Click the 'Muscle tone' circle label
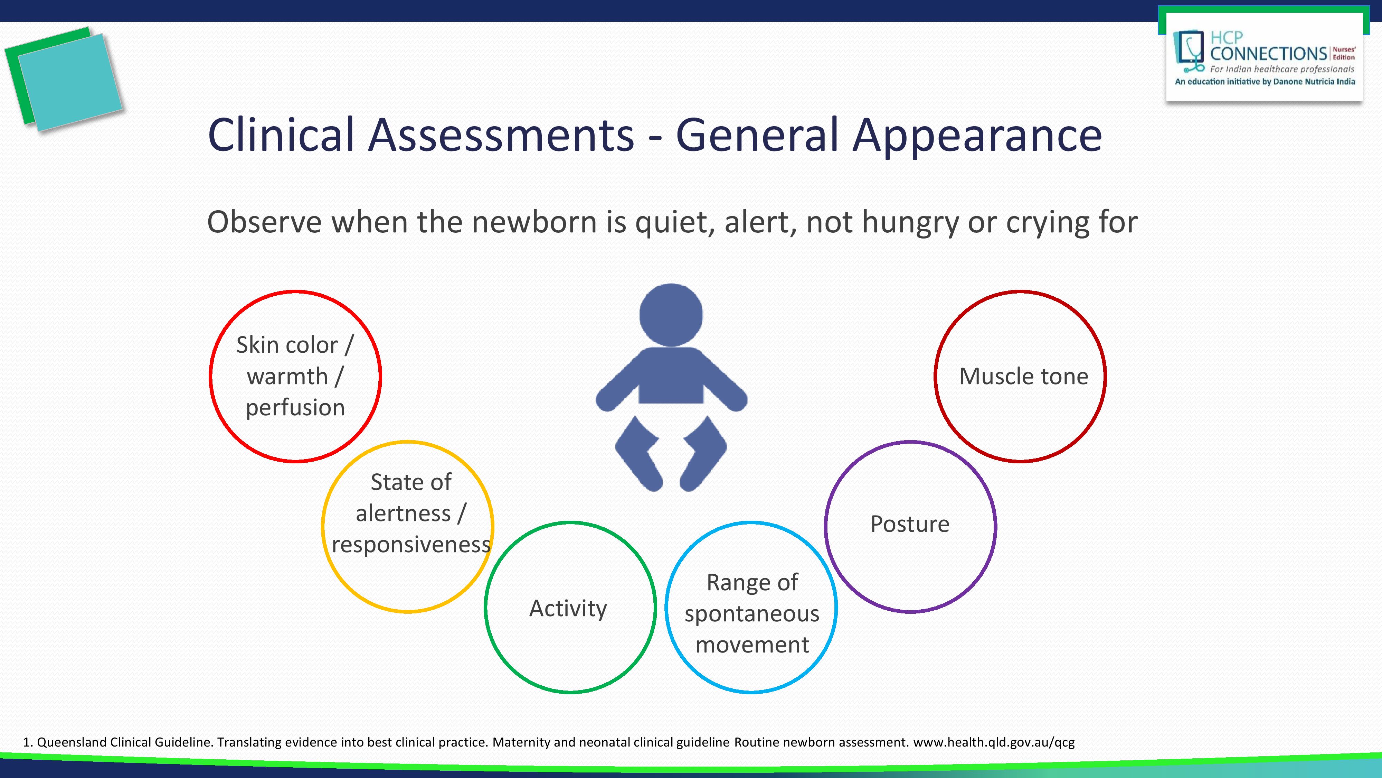1023,376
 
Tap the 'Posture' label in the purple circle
910,524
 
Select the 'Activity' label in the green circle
568,608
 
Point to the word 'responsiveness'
411,545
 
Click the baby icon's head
671,315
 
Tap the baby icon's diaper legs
671,453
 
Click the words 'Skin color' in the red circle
287,345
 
